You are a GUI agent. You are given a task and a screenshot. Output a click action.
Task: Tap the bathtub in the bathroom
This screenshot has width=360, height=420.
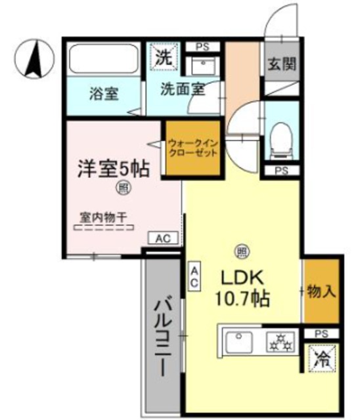[102, 60]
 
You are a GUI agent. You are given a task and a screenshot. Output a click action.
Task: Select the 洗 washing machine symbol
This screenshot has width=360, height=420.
[164, 56]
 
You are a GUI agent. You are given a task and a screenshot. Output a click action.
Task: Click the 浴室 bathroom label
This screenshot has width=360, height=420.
[103, 94]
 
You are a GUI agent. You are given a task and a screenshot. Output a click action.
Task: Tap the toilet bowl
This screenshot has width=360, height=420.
[282, 137]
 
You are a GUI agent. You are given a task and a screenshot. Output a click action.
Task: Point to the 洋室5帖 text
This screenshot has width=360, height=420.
[112, 167]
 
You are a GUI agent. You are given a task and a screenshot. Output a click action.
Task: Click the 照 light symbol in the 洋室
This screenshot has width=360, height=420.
[122, 189]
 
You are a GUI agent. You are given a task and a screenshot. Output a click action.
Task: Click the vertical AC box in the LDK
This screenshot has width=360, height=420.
[194, 276]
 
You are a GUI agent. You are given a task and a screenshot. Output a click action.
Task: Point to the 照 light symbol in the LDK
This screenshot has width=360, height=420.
[242, 251]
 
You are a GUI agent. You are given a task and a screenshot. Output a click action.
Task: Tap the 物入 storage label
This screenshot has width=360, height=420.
[322, 291]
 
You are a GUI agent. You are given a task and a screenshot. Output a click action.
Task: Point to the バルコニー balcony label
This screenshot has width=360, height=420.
[162, 338]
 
